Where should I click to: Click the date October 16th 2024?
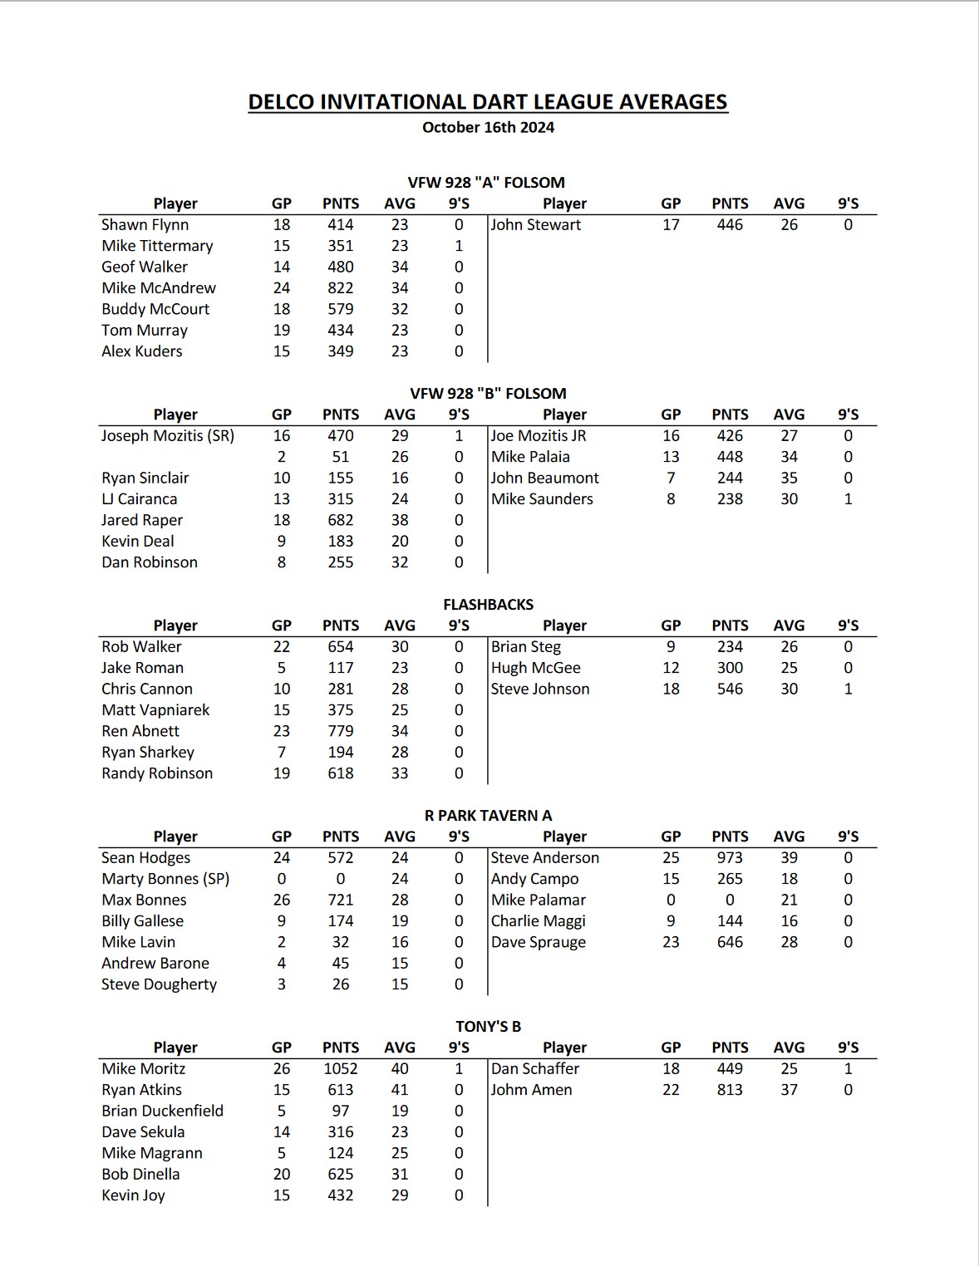tap(488, 127)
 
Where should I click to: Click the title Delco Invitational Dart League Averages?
tap(488, 102)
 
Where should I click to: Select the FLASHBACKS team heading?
tap(488, 604)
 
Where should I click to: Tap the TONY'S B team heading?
tap(488, 1026)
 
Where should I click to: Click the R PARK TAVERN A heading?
tap(488, 815)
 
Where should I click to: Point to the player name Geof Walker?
tap(145, 267)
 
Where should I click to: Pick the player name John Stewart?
tap(536, 224)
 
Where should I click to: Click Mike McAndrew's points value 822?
tap(340, 287)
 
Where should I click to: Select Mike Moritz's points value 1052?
tap(340, 1068)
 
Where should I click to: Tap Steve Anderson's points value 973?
tap(730, 857)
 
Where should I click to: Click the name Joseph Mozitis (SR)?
tap(168, 435)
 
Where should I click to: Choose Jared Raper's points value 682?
tap(340, 520)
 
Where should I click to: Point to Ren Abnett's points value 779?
tap(340, 731)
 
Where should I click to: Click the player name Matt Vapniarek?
tap(155, 709)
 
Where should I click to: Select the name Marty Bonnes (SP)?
tap(165, 879)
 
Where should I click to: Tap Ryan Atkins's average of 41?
tap(400, 1089)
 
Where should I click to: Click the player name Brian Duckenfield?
tap(162, 1111)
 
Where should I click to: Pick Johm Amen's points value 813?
tap(730, 1089)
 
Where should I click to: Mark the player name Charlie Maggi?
tap(539, 920)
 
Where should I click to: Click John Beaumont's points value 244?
tap(730, 478)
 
